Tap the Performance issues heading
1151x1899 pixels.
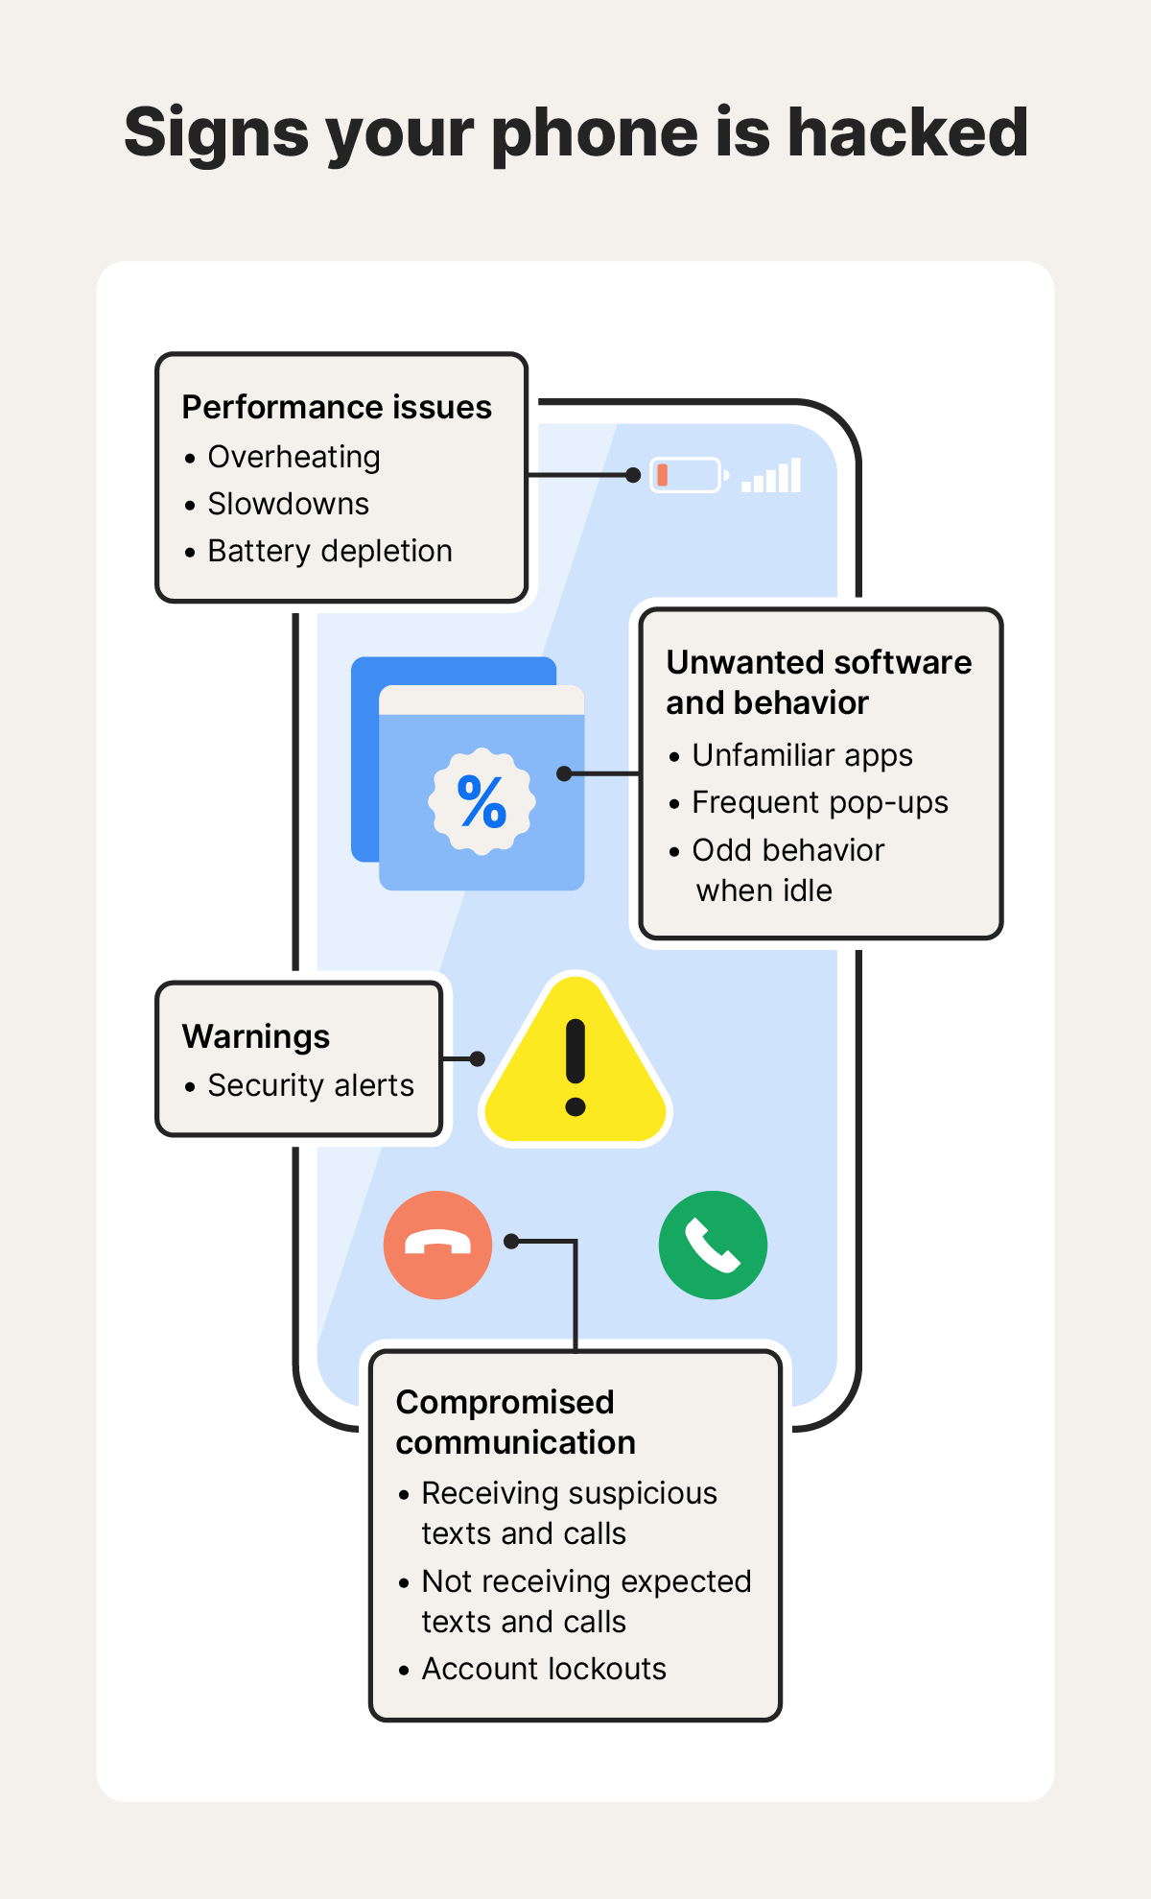(337, 408)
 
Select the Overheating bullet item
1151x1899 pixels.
(294, 457)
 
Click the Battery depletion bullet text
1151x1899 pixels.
(329, 551)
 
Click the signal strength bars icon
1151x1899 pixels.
(772, 477)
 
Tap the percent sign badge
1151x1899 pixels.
(482, 801)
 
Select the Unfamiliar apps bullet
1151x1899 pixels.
(802, 755)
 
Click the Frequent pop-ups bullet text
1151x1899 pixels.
(819, 802)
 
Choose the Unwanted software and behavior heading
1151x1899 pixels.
(818, 681)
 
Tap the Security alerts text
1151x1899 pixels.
(311, 1085)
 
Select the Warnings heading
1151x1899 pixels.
(256, 1036)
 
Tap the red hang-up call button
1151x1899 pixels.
(437, 1245)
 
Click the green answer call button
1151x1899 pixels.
(713, 1245)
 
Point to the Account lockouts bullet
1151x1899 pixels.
(543, 1669)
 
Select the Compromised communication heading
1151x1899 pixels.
(515, 1422)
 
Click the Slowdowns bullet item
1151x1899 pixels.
(288, 504)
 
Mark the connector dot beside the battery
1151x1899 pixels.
(633, 475)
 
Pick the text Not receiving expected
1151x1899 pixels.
(586, 1581)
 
